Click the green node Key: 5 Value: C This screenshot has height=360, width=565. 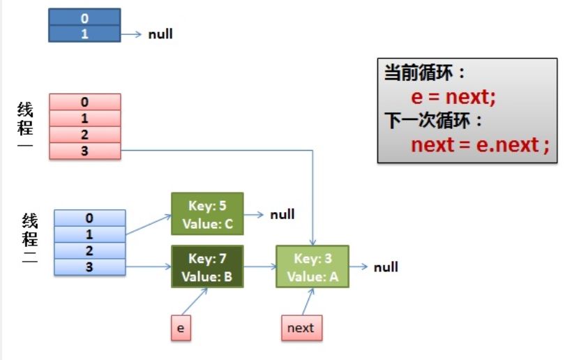tap(207, 213)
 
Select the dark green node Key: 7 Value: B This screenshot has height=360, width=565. tap(207, 267)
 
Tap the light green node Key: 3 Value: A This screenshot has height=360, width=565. tap(312, 267)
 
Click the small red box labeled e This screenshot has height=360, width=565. tap(180, 328)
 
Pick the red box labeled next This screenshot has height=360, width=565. tap(301, 328)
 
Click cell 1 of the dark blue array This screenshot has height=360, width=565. tap(85, 33)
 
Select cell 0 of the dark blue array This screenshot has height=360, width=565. tap(85, 17)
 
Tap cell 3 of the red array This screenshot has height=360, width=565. tap(85, 151)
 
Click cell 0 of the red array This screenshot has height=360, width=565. tap(85, 103)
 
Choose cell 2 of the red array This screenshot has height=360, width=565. tap(85, 135)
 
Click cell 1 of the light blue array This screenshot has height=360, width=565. tap(89, 234)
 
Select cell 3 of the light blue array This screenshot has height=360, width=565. tap(89, 267)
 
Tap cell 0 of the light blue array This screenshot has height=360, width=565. tap(89, 218)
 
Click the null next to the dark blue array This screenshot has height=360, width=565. tap(160, 33)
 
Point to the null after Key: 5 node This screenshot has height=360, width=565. tap(282, 214)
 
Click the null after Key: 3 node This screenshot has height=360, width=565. tap(385, 267)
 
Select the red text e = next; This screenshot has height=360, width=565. tap(453, 97)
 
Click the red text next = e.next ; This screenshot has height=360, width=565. tap(480, 145)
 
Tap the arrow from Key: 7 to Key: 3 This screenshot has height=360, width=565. tap(259, 267)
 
